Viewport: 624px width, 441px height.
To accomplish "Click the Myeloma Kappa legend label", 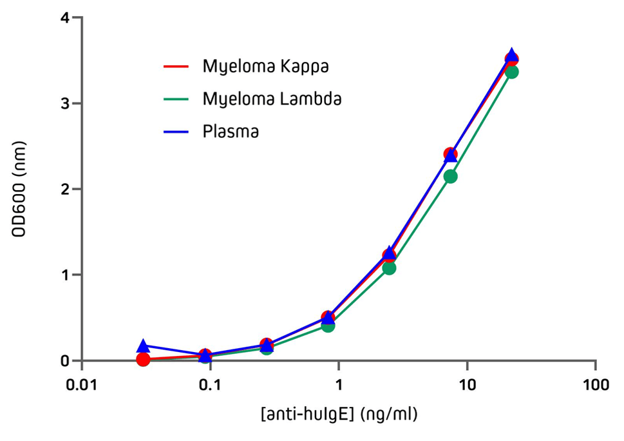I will (265, 66).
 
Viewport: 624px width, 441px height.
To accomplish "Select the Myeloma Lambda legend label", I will (272, 99).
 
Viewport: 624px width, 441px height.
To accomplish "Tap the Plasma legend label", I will (231, 132).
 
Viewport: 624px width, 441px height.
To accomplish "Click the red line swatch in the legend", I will (175, 66).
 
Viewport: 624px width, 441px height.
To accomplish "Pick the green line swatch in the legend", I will (175, 99).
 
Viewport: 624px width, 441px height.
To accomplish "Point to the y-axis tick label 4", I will (64, 17).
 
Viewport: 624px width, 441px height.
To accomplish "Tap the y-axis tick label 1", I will (64, 275).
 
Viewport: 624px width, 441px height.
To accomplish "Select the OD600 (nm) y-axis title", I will (21, 189).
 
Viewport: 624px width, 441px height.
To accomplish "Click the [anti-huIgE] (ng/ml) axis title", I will (339, 414).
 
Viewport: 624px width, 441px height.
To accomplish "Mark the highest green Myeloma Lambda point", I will (512, 72).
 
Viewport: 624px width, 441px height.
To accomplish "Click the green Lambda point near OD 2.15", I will (451, 176).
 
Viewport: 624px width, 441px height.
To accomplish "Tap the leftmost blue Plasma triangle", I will (143, 347).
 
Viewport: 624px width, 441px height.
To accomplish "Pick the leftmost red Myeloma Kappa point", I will (143, 359).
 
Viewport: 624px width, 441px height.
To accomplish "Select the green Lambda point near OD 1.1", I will (389, 268).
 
